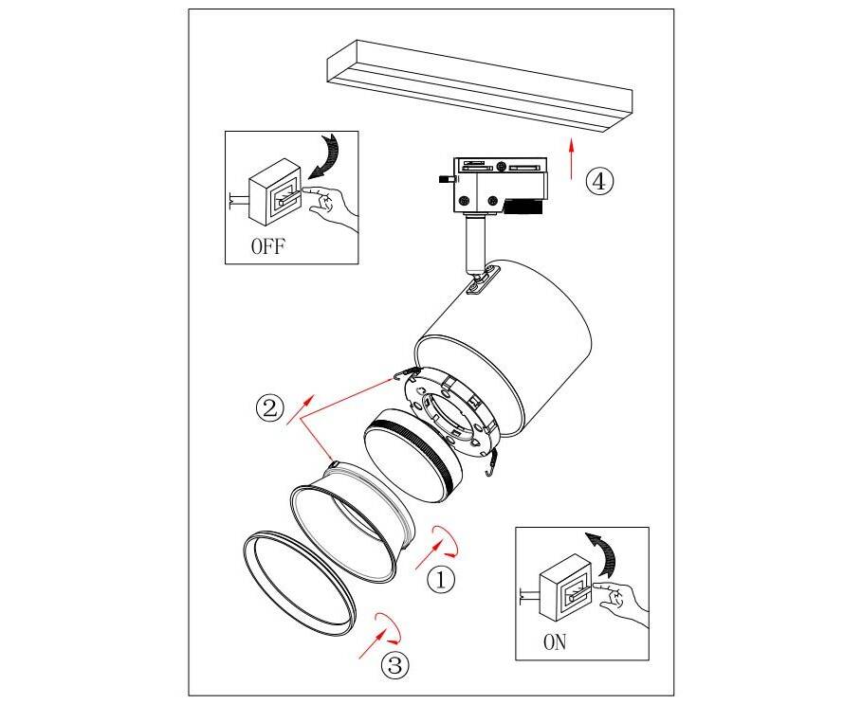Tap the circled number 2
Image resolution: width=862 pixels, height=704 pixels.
269,408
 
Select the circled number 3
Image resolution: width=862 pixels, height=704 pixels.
395,665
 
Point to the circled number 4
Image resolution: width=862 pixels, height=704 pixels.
599,181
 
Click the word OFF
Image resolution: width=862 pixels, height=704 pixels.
268,246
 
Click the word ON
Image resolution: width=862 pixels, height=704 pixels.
555,642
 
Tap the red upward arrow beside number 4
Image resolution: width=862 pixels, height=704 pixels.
571,158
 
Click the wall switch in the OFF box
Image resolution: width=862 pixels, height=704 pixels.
274,192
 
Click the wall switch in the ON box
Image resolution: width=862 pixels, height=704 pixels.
566,588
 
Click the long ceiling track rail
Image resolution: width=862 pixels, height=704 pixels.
480,85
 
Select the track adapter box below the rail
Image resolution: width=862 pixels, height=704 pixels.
499,186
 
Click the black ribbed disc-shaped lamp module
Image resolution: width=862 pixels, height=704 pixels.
413,455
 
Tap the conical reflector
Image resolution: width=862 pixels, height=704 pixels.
351,522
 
